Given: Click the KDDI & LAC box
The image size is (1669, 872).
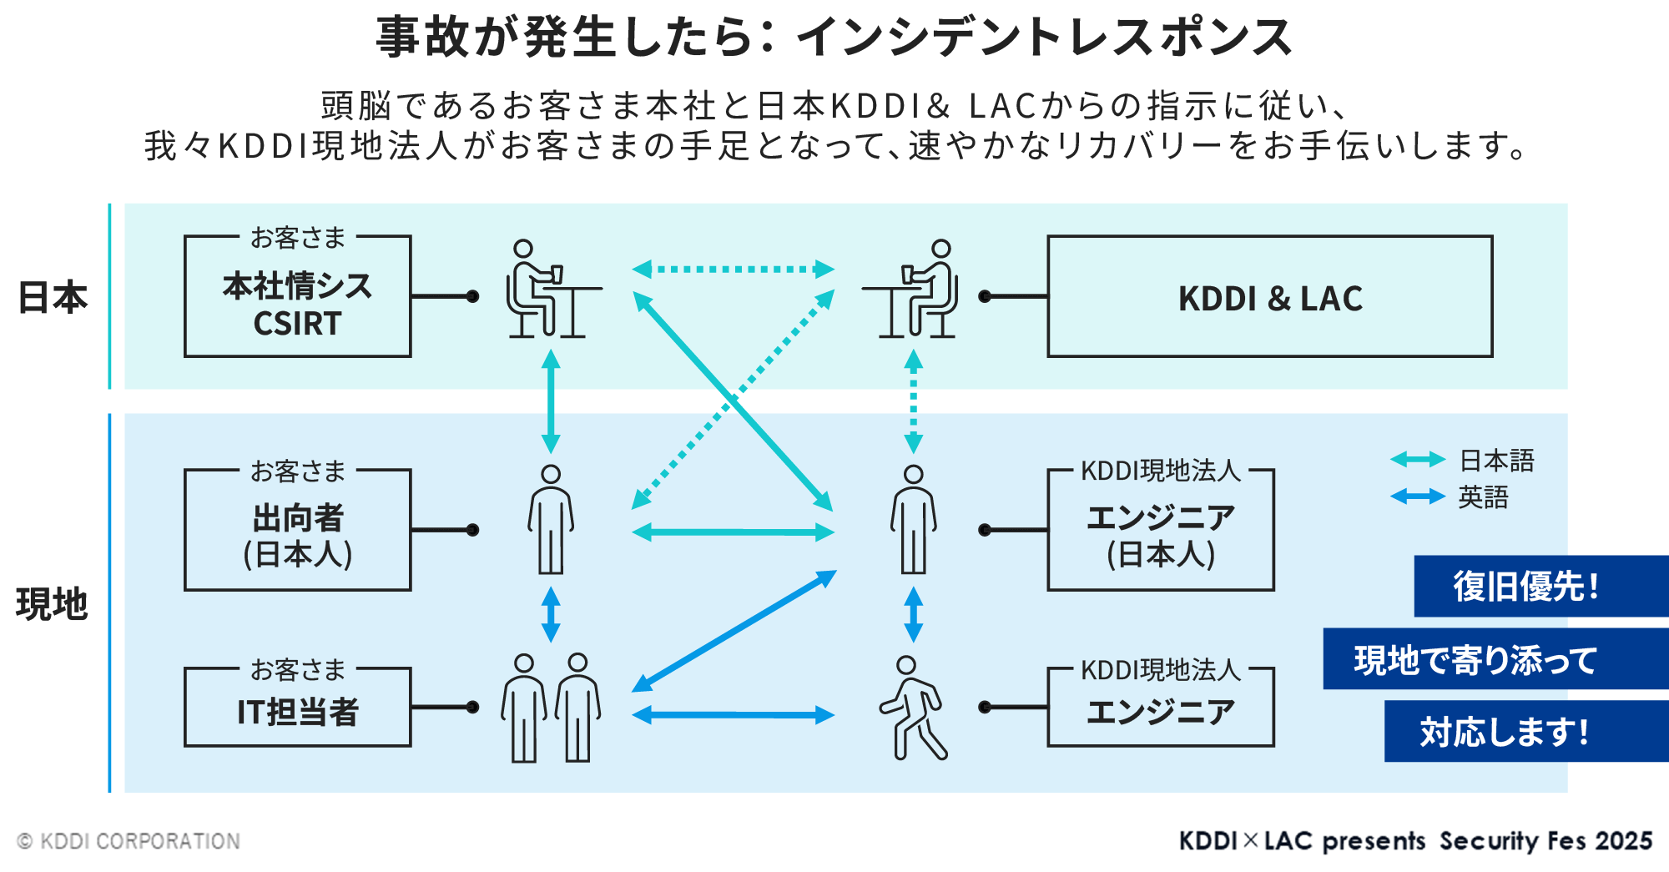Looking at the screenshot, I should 1269,297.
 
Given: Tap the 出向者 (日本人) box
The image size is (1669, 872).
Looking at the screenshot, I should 297,534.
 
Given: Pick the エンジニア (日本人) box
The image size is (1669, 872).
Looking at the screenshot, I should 1160,534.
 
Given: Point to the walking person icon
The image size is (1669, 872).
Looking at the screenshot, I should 913,708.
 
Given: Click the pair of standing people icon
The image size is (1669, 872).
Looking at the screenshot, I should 551,708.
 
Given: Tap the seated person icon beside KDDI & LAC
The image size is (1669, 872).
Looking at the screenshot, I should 915,289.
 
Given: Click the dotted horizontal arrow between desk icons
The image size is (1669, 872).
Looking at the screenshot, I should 733,269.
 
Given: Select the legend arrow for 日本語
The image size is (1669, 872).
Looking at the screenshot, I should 1417,460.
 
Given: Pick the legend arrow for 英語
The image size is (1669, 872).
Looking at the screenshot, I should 1417,497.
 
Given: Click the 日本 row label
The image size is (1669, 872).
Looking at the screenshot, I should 53,297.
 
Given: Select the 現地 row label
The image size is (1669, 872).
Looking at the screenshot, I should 52,603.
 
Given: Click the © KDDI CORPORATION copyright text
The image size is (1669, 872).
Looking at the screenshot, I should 129,841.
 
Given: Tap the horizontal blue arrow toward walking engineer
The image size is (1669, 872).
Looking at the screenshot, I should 733,714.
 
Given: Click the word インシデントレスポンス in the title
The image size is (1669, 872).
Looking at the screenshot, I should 1043,38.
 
